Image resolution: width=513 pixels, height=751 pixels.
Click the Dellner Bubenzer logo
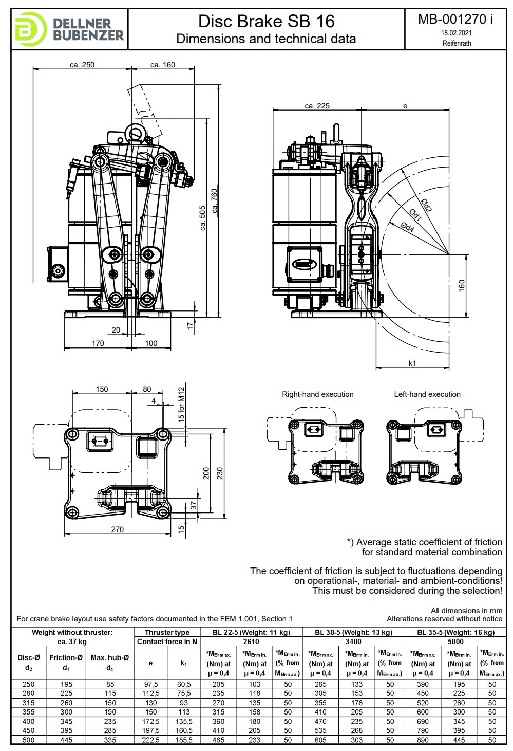[x=69, y=29]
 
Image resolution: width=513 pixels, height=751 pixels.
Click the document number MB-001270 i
[x=455, y=20]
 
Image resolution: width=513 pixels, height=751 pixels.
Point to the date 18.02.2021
[x=456, y=33]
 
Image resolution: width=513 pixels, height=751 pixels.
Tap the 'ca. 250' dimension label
[x=82, y=65]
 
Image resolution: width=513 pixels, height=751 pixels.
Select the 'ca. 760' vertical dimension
[x=214, y=200]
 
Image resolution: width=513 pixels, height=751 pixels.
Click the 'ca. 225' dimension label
[x=317, y=106]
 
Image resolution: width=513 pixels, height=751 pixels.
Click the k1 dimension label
[x=412, y=363]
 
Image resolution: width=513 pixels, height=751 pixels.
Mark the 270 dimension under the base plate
[x=118, y=529]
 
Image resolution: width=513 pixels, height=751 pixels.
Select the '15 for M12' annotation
[x=181, y=405]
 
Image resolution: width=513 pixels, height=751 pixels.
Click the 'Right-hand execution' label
[x=317, y=394]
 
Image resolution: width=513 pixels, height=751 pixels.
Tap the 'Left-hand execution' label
[x=427, y=394]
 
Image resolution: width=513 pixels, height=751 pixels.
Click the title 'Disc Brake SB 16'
[x=266, y=22]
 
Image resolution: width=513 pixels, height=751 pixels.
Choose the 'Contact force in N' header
[x=167, y=642]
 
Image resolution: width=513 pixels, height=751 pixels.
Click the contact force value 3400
[x=353, y=642]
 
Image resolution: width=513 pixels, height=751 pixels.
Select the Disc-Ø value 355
[x=29, y=712]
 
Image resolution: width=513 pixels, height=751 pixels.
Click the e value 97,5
[x=151, y=684]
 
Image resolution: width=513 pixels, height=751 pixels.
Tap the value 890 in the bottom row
[x=423, y=740]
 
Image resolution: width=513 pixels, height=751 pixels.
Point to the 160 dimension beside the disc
[x=462, y=285]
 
